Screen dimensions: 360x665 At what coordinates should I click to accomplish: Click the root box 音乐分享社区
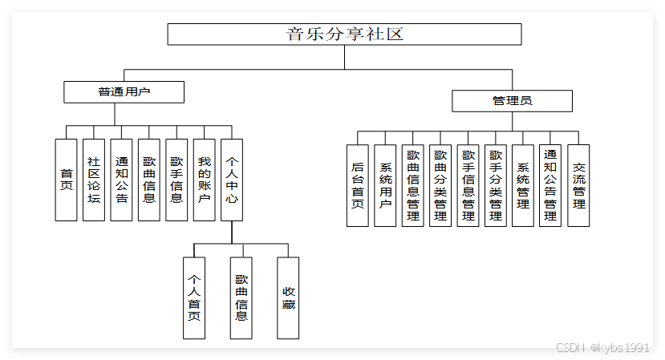(344, 34)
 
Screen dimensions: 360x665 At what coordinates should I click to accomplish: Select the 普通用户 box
(124, 92)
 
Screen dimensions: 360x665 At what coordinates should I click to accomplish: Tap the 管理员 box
(512, 101)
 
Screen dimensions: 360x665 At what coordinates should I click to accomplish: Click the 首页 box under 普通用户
(66, 180)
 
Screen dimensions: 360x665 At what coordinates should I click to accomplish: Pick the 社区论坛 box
(94, 180)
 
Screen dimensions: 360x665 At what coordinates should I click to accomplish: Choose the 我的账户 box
(204, 180)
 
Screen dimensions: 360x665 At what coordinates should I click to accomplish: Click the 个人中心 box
(232, 180)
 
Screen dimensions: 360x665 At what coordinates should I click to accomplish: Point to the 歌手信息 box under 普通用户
(176, 180)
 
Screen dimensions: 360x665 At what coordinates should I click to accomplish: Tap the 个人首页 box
(193, 297)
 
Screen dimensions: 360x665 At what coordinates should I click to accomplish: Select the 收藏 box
(288, 297)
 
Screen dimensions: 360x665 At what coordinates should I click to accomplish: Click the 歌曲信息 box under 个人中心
(241, 297)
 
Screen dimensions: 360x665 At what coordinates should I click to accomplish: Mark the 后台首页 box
(358, 185)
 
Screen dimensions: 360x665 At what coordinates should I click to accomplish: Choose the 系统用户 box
(385, 185)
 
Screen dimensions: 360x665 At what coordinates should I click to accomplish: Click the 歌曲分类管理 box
(440, 185)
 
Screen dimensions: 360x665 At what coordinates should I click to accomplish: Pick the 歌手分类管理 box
(496, 185)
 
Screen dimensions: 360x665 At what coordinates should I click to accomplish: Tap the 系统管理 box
(523, 185)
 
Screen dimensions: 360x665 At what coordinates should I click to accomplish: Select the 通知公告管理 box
(550, 185)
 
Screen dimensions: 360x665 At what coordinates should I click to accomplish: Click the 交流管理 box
(578, 185)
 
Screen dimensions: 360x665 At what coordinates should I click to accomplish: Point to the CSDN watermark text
(602, 347)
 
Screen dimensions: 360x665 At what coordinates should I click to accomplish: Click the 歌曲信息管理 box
(412, 185)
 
